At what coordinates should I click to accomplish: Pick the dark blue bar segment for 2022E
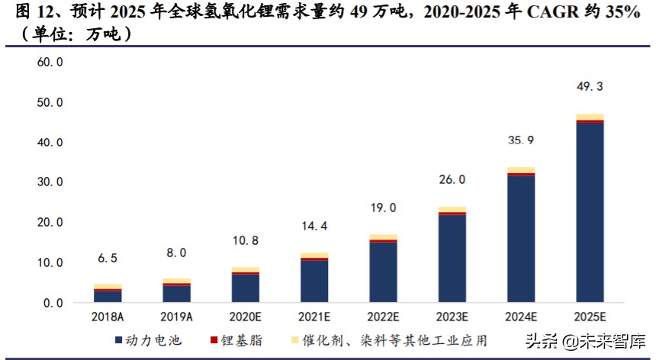383,272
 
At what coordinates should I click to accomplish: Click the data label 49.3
590,87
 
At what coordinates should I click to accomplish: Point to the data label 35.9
521,140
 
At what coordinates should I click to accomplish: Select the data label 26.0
452,180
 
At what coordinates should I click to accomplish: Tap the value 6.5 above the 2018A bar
108,259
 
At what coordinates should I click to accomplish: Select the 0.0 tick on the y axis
53,303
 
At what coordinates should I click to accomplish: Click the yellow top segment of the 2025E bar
590,117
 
